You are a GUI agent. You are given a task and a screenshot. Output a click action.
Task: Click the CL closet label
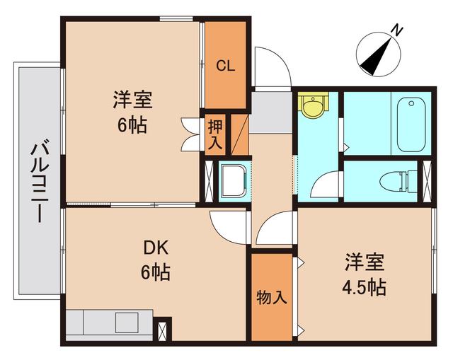pyautogui.click(x=226, y=66)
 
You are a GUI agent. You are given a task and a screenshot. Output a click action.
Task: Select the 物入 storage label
pyautogui.click(x=271, y=298)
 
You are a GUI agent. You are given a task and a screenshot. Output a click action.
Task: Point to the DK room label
pyautogui.click(x=156, y=248)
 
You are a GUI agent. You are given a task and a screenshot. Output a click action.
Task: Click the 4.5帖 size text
pyautogui.click(x=365, y=288)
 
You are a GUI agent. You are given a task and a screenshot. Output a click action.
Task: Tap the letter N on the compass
pyautogui.click(x=398, y=30)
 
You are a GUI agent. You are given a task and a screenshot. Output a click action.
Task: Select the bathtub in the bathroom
pyautogui.click(x=410, y=124)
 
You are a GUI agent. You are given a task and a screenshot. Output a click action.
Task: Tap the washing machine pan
pyautogui.click(x=231, y=181)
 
